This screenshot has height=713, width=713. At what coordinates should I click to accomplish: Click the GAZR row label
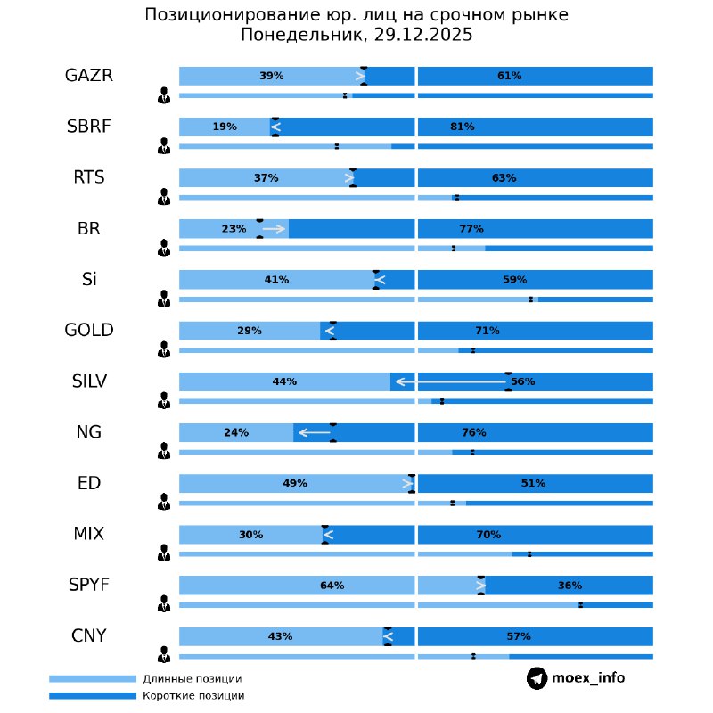(89, 75)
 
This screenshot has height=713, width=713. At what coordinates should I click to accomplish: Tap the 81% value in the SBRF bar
(462, 127)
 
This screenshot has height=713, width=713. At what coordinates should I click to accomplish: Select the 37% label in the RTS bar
(266, 177)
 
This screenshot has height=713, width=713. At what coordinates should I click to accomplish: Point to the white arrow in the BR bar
(275, 229)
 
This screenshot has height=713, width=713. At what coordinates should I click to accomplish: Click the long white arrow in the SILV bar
(450, 381)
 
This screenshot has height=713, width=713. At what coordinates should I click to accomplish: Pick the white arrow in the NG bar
(313, 432)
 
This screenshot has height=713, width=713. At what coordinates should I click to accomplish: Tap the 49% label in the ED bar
(294, 483)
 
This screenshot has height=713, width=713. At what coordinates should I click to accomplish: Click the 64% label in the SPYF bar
(332, 586)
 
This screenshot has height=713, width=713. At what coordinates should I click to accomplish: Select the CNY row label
(89, 635)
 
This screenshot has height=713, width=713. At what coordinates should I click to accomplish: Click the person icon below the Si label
(164, 299)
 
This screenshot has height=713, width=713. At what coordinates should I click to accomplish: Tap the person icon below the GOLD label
(164, 349)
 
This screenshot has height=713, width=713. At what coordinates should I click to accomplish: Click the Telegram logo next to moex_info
(537, 678)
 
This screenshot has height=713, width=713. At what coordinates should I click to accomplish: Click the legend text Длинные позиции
(192, 679)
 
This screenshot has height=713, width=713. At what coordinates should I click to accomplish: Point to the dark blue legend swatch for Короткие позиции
(93, 695)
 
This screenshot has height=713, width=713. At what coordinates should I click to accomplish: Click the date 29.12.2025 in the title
(421, 36)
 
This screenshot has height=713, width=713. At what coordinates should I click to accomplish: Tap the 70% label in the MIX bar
(488, 535)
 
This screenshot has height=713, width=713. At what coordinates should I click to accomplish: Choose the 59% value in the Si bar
(514, 280)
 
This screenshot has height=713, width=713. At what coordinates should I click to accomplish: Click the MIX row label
(89, 535)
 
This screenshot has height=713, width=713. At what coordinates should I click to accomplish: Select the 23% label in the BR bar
(234, 229)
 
